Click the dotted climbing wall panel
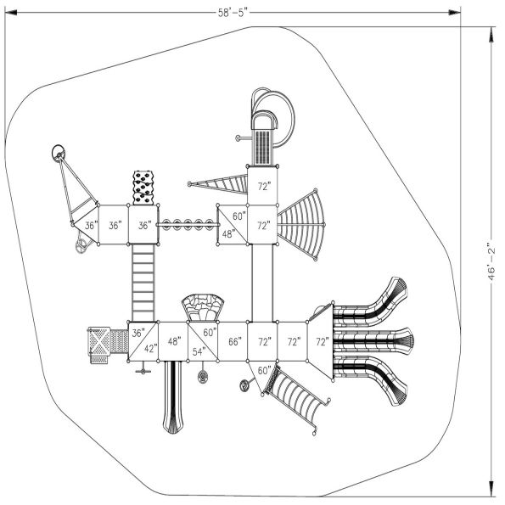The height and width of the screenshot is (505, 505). (145, 188)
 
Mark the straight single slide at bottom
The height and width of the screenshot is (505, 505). (174, 395)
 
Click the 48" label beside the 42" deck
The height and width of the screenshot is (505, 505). (174, 342)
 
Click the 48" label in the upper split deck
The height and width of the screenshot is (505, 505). (227, 233)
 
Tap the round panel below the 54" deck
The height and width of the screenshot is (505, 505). (204, 376)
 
